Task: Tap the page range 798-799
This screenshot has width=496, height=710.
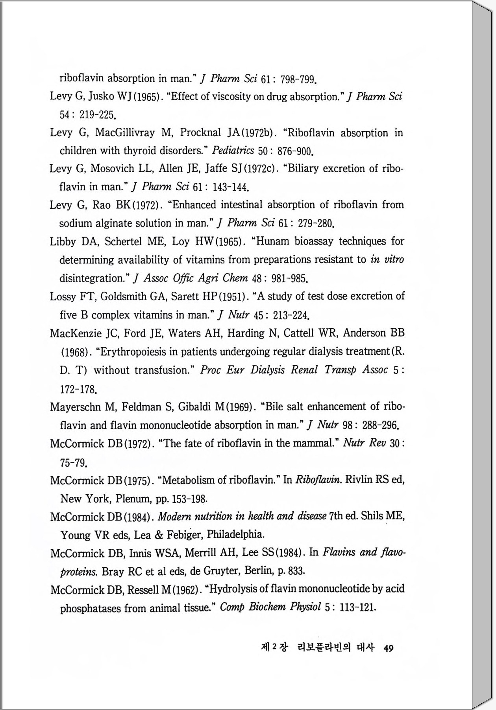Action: (x=298, y=80)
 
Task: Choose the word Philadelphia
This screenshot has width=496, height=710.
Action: (x=235, y=534)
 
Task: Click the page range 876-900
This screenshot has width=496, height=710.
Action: (x=295, y=151)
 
